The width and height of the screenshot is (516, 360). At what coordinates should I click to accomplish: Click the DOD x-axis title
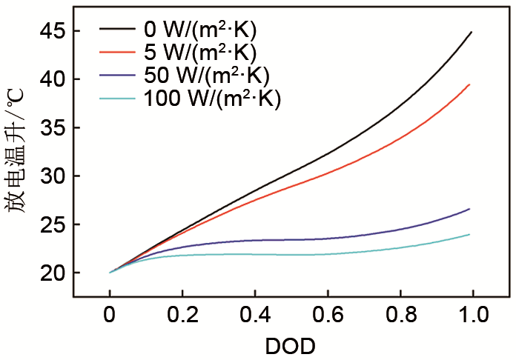[291, 345]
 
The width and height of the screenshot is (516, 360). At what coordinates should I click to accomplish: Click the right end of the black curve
[471, 33]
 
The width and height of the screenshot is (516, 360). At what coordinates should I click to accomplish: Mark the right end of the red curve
[470, 84]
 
